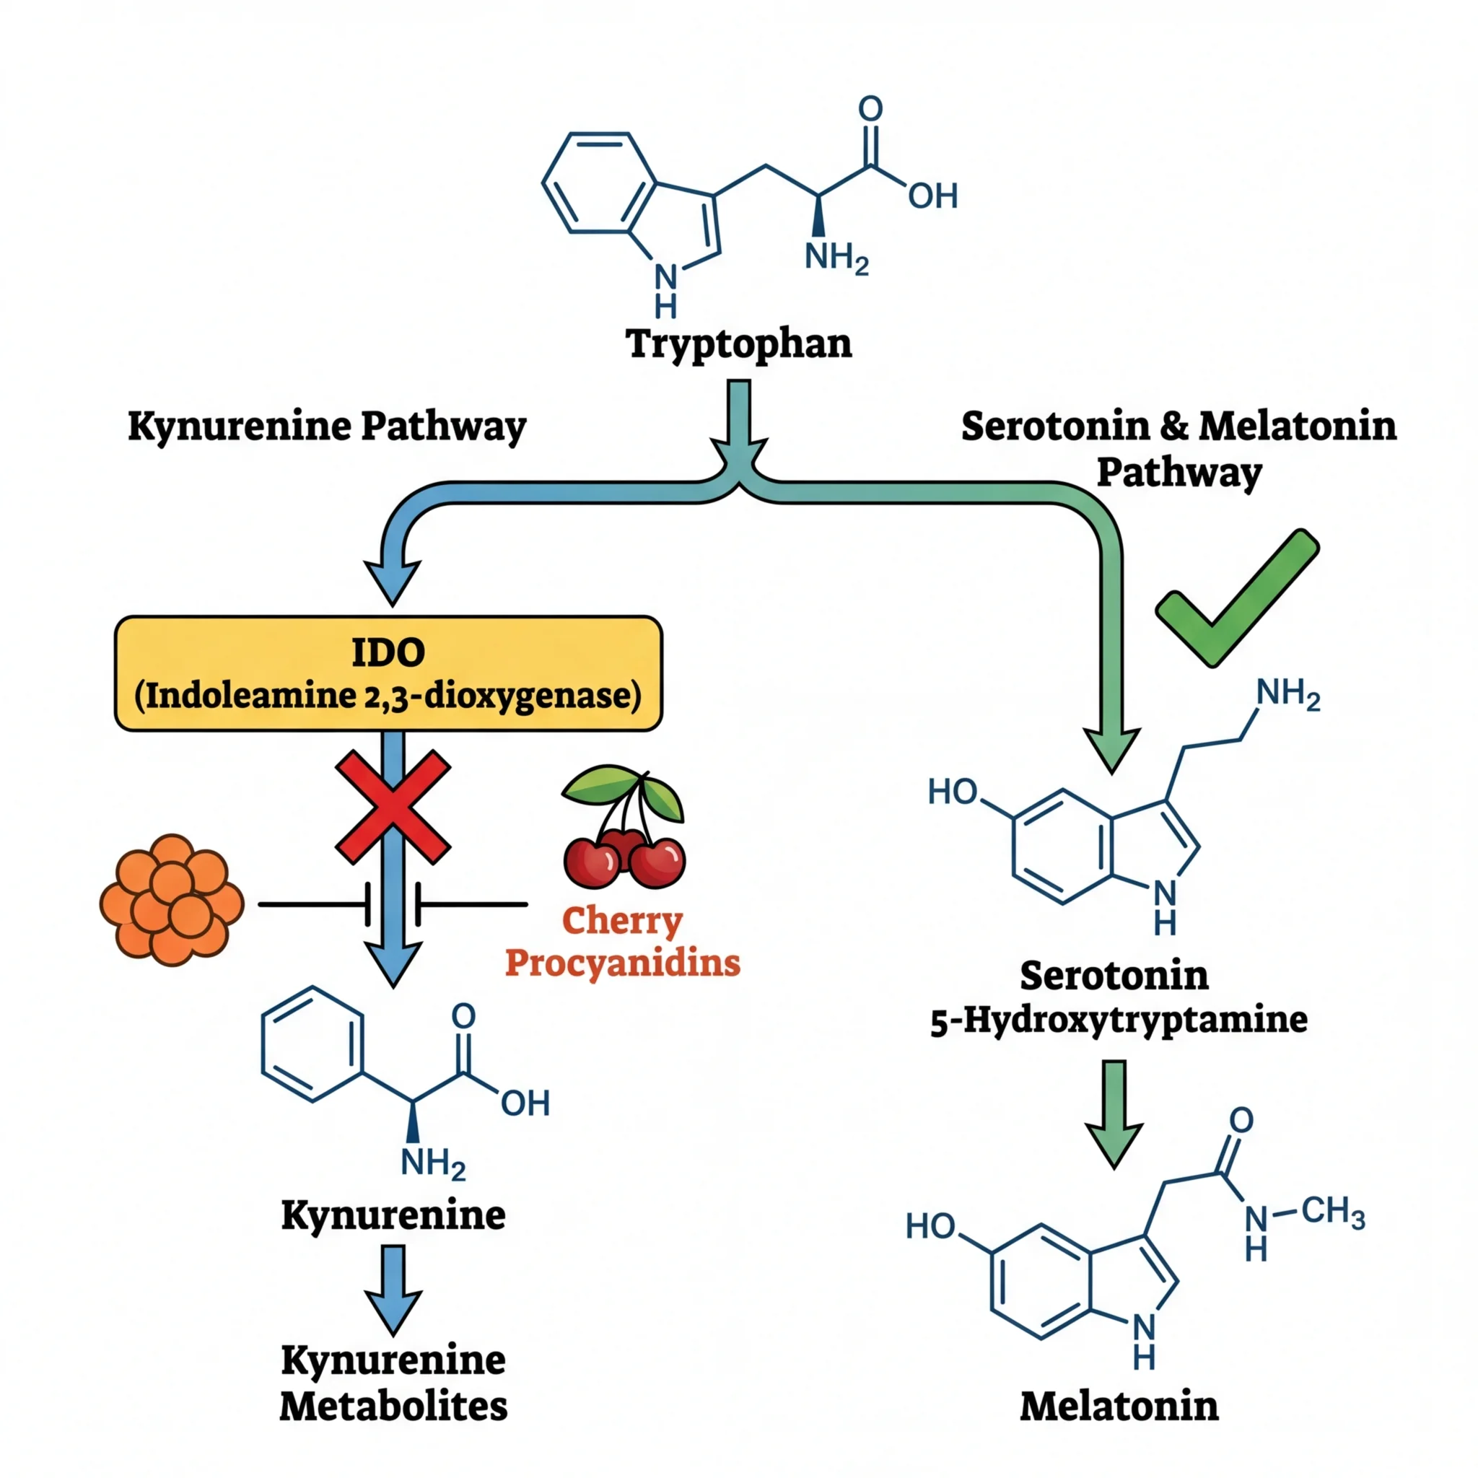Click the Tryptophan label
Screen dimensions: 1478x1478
click(x=739, y=344)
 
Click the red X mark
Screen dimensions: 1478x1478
click(x=393, y=807)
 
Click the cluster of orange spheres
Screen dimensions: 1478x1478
click(x=172, y=901)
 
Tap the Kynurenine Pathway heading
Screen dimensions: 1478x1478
click(x=327, y=426)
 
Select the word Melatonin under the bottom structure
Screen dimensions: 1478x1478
click(x=1119, y=1406)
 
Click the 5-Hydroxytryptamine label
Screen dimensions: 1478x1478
click(x=1119, y=1020)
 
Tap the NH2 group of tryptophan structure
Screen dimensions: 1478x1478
click(x=836, y=258)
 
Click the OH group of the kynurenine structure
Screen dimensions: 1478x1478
click(x=525, y=1103)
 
